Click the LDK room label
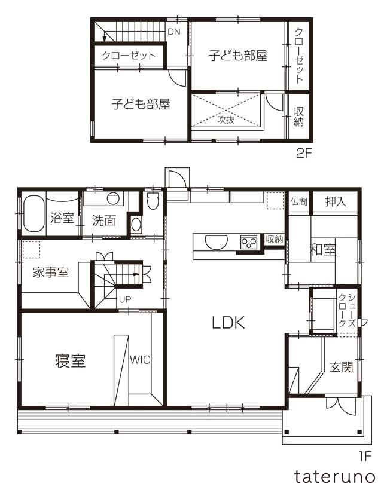click(228, 323)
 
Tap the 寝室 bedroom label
click(71, 362)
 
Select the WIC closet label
click(140, 360)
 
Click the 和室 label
click(322, 250)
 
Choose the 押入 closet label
click(336, 201)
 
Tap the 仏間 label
click(298, 202)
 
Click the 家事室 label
click(51, 273)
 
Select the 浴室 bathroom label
click(62, 219)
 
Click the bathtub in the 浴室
click(32, 215)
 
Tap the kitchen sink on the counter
click(215, 242)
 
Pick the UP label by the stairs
click(125, 299)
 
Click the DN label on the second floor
click(173, 32)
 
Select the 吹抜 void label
click(226, 119)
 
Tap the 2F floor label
click(304, 153)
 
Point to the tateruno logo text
click(334, 477)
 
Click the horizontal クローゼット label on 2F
click(129, 56)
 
